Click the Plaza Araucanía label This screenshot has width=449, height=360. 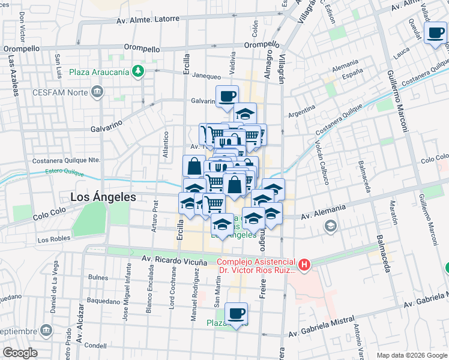[x=98, y=72]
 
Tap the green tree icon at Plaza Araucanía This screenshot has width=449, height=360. [x=139, y=71]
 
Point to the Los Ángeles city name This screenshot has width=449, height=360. [x=103, y=196]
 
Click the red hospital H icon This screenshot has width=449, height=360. [x=305, y=264]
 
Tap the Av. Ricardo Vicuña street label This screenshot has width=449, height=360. [x=174, y=260]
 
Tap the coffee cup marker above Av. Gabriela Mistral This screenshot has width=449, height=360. [x=237, y=313]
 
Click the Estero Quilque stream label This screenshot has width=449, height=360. [x=65, y=172]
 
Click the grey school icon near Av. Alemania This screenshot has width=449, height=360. [x=330, y=226]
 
